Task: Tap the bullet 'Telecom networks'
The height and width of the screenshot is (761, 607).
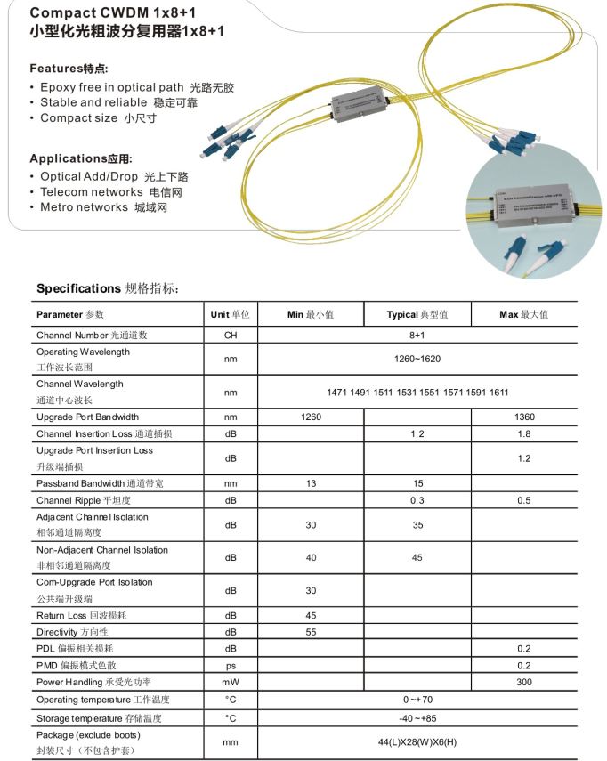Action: tap(91, 192)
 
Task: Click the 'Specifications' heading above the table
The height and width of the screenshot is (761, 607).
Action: tap(78, 288)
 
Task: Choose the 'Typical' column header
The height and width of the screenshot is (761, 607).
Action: tap(417, 314)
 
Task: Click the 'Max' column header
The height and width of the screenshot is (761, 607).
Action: tap(523, 314)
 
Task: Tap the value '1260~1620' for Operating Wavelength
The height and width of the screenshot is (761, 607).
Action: tap(417, 359)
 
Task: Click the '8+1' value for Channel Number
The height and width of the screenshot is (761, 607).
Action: tap(417, 336)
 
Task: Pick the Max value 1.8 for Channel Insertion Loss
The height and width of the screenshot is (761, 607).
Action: tap(523, 433)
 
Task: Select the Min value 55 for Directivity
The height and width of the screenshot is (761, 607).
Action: tap(311, 631)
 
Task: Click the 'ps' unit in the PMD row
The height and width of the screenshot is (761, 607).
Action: tap(230, 665)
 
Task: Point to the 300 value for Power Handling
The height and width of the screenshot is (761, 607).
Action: tap(523, 682)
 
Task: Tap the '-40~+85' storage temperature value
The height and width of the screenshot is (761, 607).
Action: tap(417, 717)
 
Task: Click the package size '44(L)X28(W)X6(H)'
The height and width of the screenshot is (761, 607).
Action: tap(417, 741)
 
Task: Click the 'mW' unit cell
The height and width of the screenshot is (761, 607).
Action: tap(230, 682)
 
